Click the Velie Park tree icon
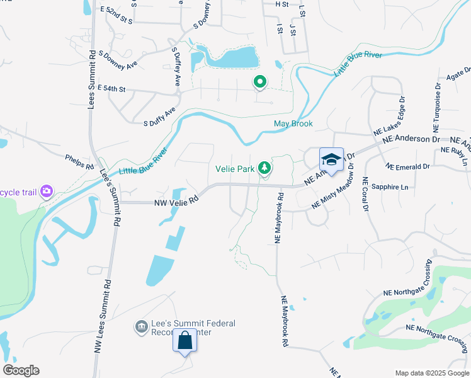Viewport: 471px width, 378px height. (x=266, y=168)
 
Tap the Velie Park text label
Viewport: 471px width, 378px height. (x=234, y=169)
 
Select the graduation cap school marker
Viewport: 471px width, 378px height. (x=331, y=160)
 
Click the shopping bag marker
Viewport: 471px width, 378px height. (x=185, y=341)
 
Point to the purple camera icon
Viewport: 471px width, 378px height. (x=45, y=191)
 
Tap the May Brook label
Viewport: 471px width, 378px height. (x=293, y=123)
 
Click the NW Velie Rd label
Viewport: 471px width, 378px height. (x=177, y=202)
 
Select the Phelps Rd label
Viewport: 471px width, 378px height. (x=79, y=161)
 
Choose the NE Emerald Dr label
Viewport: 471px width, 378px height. (x=408, y=167)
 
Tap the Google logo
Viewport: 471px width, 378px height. (x=21, y=370)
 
